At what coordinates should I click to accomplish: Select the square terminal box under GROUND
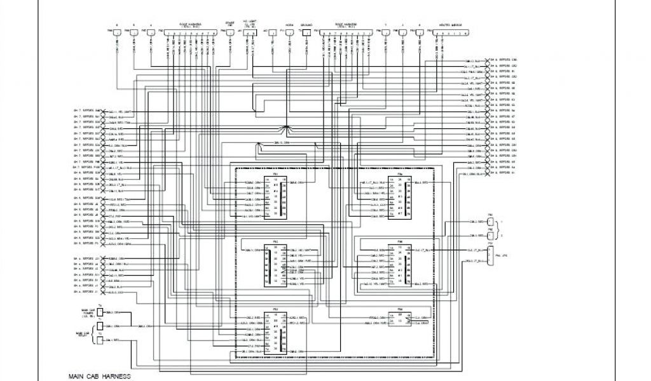(306, 31)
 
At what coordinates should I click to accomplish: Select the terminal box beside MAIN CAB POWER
(100, 312)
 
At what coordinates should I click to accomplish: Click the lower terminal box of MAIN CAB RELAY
(100, 340)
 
